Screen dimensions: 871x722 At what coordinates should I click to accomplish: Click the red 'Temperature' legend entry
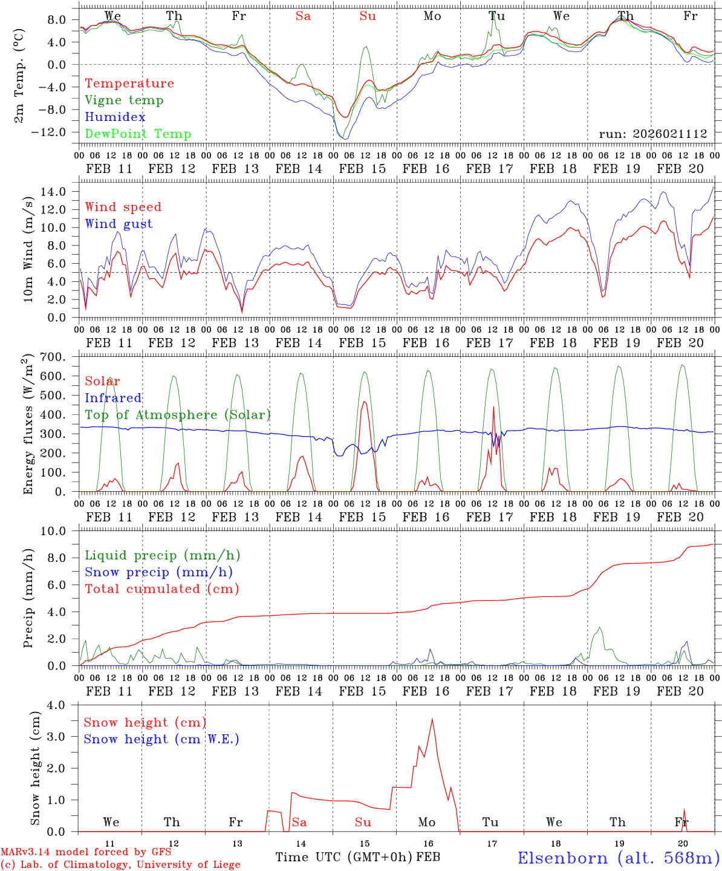click(x=129, y=83)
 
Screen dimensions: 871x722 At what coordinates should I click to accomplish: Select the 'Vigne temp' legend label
click(x=124, y=100)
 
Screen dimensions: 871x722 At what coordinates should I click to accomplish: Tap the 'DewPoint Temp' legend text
click(x=138, y=134)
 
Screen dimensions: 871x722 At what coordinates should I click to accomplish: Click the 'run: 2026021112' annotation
click(x=652, y=134)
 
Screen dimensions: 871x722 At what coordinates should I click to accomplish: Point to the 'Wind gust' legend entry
click(x=119, y=224)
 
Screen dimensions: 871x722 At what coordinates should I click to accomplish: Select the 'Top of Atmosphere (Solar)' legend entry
click(x=177, y=415)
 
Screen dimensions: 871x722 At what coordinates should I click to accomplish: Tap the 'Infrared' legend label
click(x=112, y=398)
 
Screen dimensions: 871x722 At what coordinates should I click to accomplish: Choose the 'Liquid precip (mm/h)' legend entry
click(x=162, y=555)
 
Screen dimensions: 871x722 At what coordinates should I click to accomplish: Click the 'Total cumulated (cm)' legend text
click(x=161, y=589)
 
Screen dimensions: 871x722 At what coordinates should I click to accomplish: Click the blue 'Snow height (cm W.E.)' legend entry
click(x=161, y=739)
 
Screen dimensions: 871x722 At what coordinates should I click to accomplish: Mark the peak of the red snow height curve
click(x=432, y=719)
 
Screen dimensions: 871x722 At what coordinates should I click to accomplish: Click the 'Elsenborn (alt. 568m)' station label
click(x=618, y=858)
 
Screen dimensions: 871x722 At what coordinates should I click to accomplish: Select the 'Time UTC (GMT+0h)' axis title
click(x=343, y=857)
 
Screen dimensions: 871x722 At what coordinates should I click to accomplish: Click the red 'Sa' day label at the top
click(x=303, y=16)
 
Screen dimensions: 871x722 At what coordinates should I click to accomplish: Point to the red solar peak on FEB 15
click(x=364, y=402)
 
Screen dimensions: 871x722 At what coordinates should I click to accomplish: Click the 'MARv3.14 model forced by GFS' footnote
click(x=86, y=852)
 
